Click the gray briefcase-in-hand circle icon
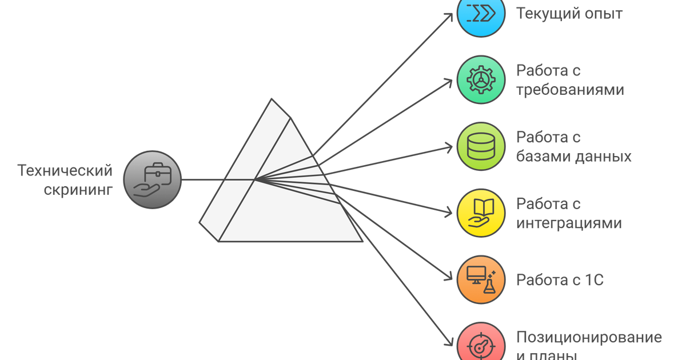coord(153,179)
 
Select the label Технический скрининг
coord(65,180)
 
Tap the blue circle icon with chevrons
coord(481,14)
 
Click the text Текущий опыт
coord(569,14)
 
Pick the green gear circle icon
coord(481,79)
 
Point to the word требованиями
coord(570,90)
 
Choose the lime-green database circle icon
coord(481,146)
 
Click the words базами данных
coord(573,156)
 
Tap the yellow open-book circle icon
coord(481,213)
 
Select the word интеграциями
coord(569,223)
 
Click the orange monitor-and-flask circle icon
coord(481,280)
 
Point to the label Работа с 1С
coord(560,280)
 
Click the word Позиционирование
coord(589,337)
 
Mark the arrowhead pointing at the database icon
coord(449,148)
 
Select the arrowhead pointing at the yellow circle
coord(449,212)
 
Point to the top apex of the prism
coord(272,99)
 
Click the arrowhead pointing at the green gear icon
coord(449,82)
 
